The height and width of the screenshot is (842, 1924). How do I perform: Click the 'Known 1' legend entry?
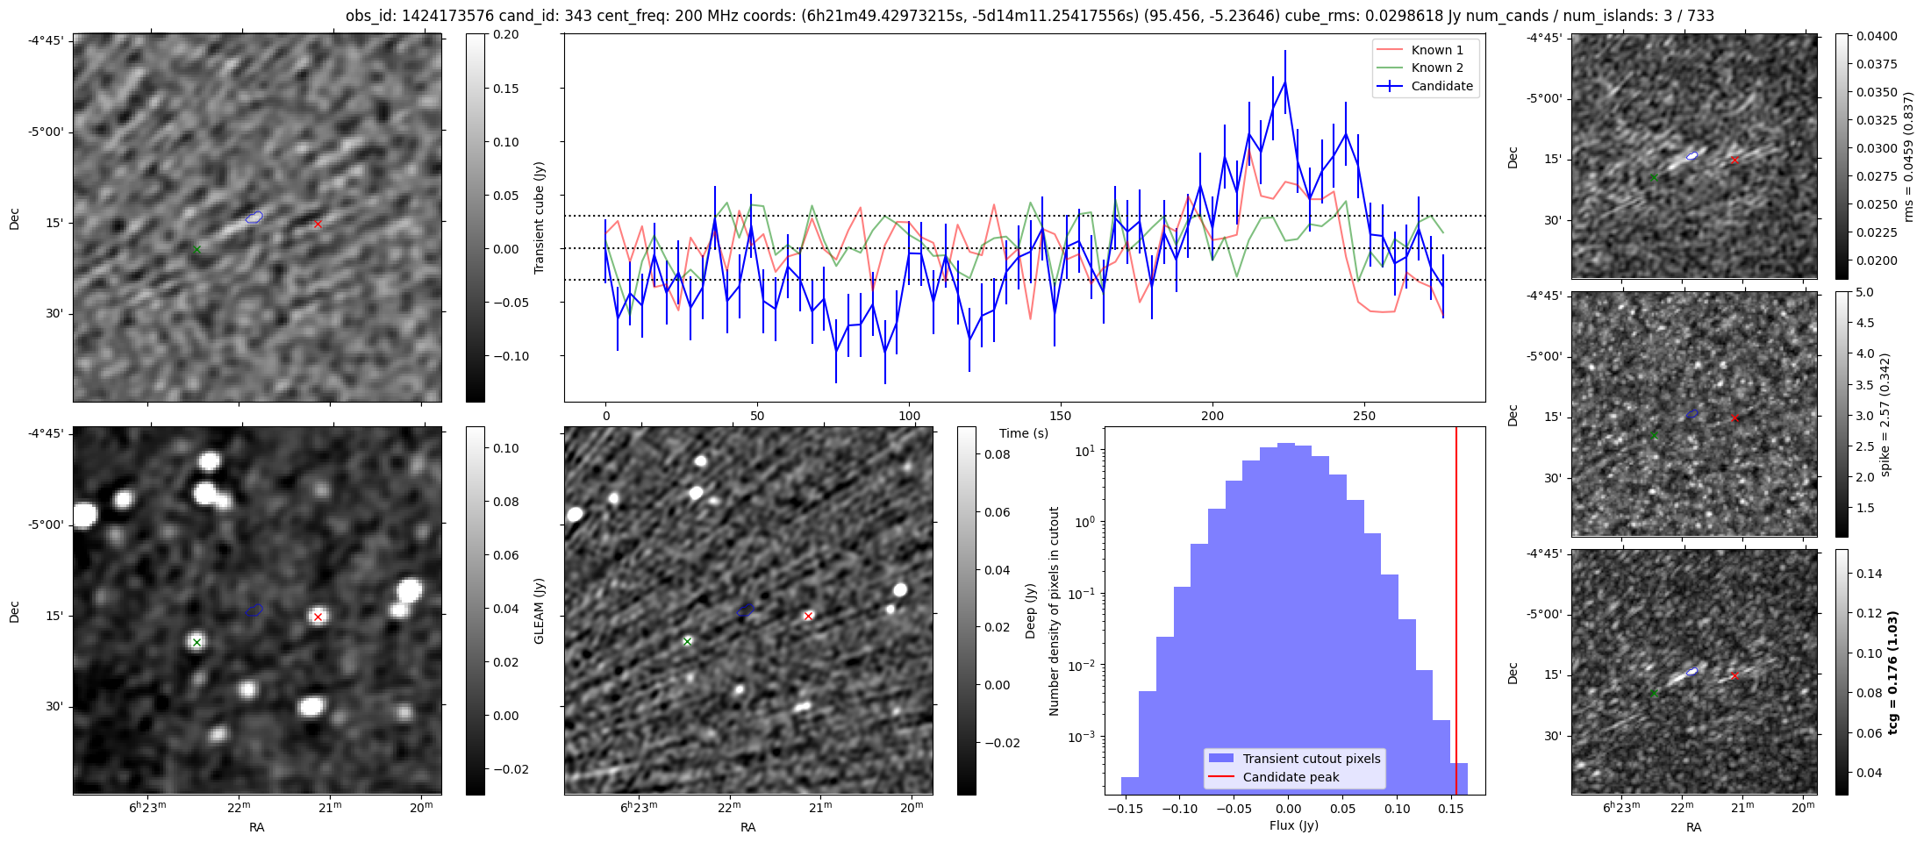(x=1436, y=50)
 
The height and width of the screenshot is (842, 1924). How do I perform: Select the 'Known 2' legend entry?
(x=1436, y=68)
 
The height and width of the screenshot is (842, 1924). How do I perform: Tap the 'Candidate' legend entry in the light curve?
(x=1441, y=86)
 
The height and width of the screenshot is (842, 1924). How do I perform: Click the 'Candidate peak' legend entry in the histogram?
(x=1291, y=777)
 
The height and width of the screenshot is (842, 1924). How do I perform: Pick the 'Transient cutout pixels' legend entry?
(x=1311, y=759)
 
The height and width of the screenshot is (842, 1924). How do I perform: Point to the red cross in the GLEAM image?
(x=318, y=617)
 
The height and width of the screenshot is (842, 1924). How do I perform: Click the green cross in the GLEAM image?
(x=197, y=642)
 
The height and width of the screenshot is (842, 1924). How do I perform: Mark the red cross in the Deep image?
(x=808, y=616)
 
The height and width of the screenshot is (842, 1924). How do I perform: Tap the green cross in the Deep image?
(x=687, y=641)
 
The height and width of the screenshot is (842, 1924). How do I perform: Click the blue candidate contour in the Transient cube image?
(x=254, y=217)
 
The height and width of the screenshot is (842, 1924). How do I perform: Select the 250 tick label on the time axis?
(x=1363, y=416)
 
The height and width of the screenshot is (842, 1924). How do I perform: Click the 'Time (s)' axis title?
(x=1024, y=433)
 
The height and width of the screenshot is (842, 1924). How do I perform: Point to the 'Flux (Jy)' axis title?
(x=1293, y=825)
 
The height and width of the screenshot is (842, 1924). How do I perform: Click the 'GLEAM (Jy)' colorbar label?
(x=539, y=610)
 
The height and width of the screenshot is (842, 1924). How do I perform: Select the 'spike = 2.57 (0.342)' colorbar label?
(x=1885, y=414)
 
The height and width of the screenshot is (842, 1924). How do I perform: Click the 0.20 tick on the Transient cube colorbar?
(x=506, y=34)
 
